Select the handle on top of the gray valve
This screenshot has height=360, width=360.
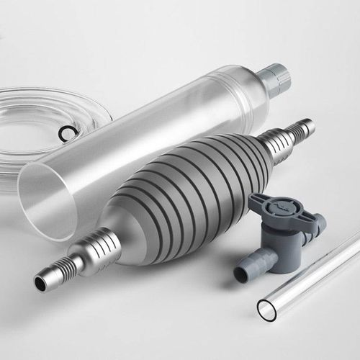[x=281, y=210]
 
